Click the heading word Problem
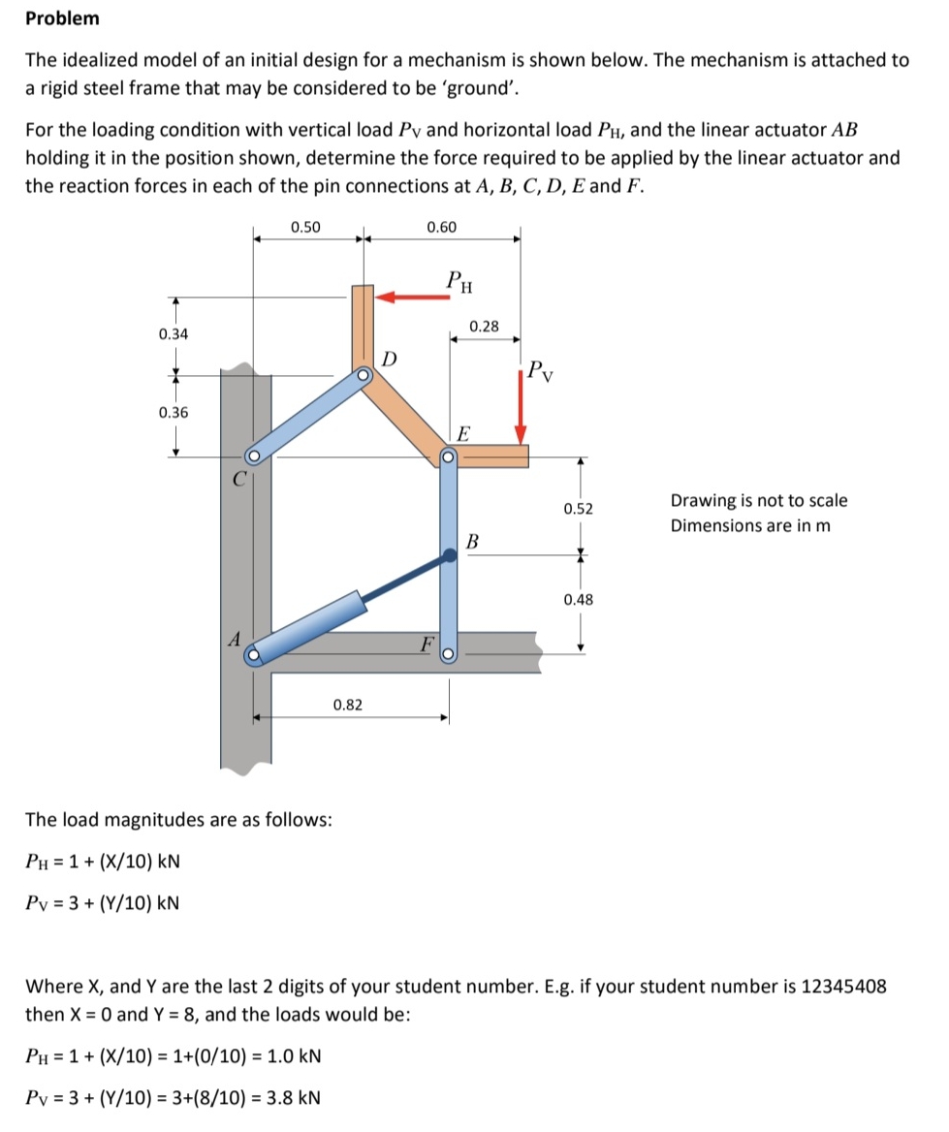coord(62,18)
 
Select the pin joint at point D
coord(363,374)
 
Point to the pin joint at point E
coord(449,455)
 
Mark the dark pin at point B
coord(450,555)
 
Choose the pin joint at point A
coord(253,656)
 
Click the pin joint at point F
coord(449,656)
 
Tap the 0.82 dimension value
coord(347,704)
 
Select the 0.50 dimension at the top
coord(305,227)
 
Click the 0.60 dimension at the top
coord(441,227)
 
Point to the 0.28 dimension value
coord(484,327)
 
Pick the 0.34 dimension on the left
coord(174,334)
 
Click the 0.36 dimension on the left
coord(174,412)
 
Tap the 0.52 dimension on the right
coord(579,508)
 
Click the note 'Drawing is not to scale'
coord(758,501)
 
